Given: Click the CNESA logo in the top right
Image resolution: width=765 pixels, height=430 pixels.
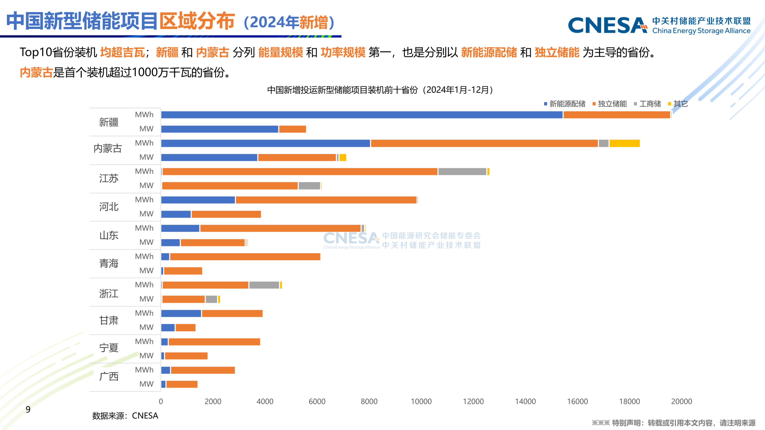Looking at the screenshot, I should click(x=659, y=25).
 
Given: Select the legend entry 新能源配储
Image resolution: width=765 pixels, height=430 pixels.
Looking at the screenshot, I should click(x=567, y=104).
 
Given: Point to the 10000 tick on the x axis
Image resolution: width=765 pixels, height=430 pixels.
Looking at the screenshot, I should click(x=421, y=402).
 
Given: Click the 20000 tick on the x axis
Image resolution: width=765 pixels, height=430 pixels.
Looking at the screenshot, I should click(x=682, y=402).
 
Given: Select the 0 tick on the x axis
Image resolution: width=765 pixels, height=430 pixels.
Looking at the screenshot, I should click(x=161, y=402).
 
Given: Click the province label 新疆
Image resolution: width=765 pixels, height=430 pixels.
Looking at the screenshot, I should click(x=109, y=122).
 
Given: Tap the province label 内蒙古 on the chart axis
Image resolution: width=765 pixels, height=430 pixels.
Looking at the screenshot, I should click(x=108, y=148).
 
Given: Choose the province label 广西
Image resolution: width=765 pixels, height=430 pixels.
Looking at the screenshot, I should click(x=109, y=376).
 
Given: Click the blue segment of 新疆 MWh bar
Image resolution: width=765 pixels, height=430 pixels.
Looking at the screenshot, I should click(x=362, y=115).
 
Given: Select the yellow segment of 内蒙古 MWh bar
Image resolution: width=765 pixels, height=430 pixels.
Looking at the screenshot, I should click(x=625, y=143).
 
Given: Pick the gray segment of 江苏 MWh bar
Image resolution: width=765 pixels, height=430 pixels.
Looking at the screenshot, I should click(x=462, y=172).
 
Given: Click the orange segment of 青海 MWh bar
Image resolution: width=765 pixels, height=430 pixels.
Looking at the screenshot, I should click(x=245, y=257).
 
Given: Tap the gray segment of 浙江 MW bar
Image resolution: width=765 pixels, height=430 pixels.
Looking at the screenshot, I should click(x=211, y=299).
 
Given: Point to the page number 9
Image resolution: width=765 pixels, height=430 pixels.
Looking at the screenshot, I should click(x=28, y=409).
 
